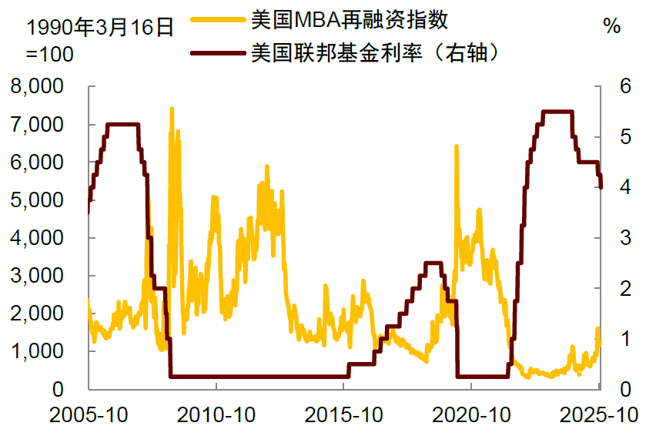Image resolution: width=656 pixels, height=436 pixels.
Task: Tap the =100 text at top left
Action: pyautogui.click(x=51, y=55)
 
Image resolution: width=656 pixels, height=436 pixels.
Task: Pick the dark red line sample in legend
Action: pyautogui.click(x=217, y=53)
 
